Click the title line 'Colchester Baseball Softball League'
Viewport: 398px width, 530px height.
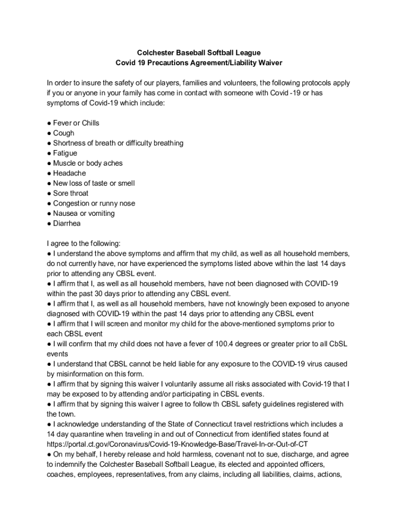coord(198,53)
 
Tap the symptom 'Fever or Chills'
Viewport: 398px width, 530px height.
coord(76,123)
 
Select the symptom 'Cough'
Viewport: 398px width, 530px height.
coord(64,133)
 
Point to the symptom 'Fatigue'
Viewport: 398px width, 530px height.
coord(65,153)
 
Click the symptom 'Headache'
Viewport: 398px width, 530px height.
coord(69,173)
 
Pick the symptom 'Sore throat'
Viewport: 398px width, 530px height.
coord(71,194)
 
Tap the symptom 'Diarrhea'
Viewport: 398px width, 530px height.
coord(67,224)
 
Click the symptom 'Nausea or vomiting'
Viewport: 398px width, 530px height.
coord(84,213)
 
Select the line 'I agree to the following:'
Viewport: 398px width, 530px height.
coord(83,244)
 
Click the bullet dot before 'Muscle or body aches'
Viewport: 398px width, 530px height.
coord(49,164)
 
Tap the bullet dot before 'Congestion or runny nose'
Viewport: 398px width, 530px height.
coord(49,203)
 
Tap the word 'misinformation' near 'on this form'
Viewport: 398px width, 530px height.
coord(80,374)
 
